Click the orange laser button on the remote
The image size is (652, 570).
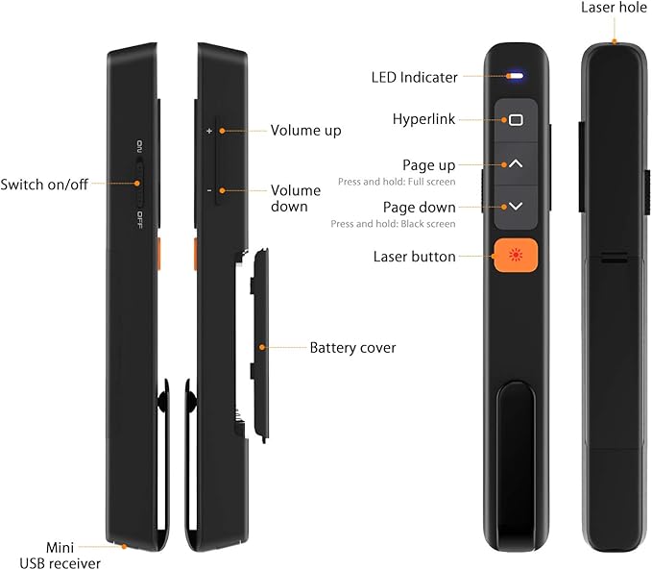click(x=516, y=257)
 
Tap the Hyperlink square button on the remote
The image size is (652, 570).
click(x=516, y=120)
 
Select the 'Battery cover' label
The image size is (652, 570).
click(x=352, y=347)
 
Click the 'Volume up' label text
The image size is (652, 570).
click(x=305, y=130)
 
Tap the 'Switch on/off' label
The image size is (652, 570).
click(x=44, y=184)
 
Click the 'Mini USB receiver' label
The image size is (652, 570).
click(x=60, y=555)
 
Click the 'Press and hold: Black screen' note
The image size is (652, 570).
click(x=406, y=223)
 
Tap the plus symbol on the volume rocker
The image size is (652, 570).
click(x=208, y=130)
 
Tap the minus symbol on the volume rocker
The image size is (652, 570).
click(x=208, y=189)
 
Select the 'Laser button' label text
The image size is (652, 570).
click(x=415, y=257)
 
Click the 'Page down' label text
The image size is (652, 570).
click(x=419, y=207)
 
